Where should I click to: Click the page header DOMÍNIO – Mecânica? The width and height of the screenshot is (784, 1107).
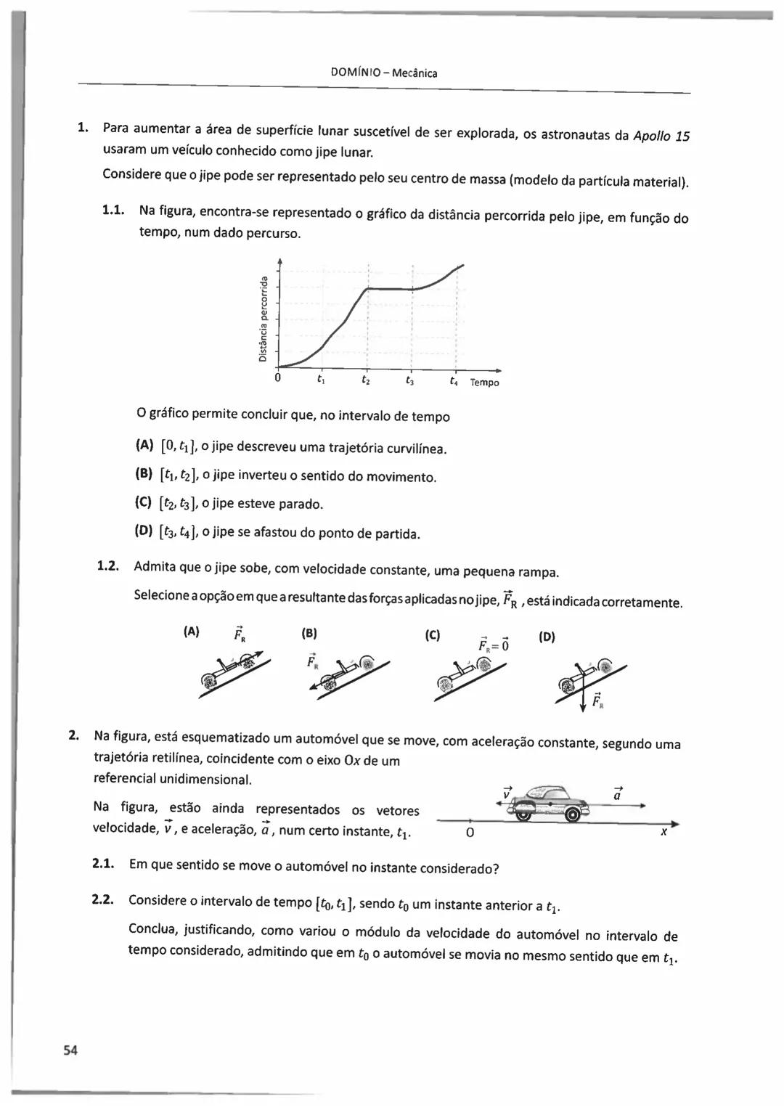tap(383, 73)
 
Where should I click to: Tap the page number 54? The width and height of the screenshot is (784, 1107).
tap(70, 1050)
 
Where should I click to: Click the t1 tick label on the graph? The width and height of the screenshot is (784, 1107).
tap(321, 379)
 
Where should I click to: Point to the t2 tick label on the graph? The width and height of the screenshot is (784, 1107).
tap(366, 380)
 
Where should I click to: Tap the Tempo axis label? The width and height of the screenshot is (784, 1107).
tap(484, 383)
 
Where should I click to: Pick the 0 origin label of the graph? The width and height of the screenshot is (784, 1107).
tap(277, 378)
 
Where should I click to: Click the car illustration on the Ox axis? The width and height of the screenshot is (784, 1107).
tap(550, 802)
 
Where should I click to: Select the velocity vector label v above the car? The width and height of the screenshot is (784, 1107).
tap(507, 793)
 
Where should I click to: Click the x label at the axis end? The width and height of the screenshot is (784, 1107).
tap(663, 832)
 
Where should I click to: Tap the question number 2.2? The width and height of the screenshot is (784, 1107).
tap(103, 900)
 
